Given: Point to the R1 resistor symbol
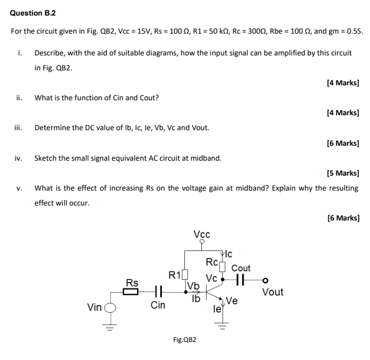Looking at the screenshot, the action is pyautogui.click(x=184, y=275).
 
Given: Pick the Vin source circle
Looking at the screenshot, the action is pyautogui.click(x=110, y=307).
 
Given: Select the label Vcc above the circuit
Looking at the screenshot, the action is pyautogui.click(x=202, y=234).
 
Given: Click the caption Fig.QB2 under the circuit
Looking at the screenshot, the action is pyautogui.click(x=185, y=340).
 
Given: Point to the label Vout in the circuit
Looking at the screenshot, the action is pyautogui.click(x=272, y=291).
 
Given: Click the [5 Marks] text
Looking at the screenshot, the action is pyautogui.click(x=343, y=173).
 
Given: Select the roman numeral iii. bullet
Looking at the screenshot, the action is pyautogui.click(x=18, y=128).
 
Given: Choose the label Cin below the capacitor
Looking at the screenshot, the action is pyautogui.click(x=158, y=305).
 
